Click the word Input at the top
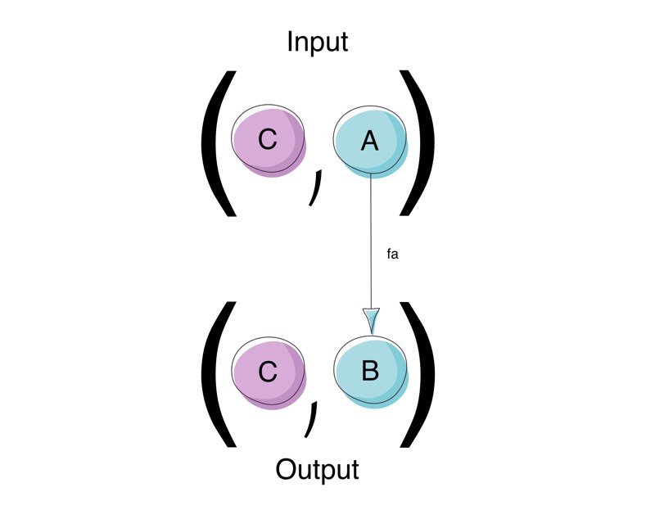pos(318,42)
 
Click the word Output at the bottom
pos(318,470)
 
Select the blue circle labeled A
pos(370,142)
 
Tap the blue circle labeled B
pos(370,372)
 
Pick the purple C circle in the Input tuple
pos(268,142)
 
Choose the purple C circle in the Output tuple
pos(268,372)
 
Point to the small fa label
pos(392,255)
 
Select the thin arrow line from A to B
pos(372,237)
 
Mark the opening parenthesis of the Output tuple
pos(215,373)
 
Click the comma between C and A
pos(315,187)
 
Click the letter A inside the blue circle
pos(370,141)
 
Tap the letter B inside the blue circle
pos(370,372)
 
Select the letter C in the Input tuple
pos(268,141)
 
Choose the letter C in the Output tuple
pos(268,372)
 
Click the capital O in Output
pos(287,470)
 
